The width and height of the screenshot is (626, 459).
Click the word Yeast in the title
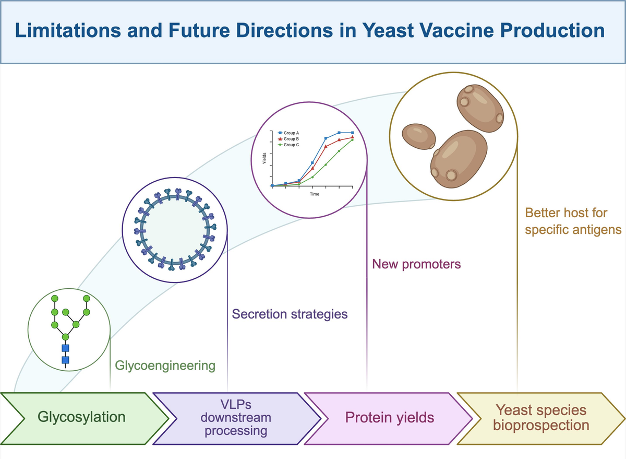click(x=388, y=30)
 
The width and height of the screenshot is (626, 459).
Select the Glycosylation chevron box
click(x=85, y=418)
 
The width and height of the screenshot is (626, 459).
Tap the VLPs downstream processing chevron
click(x=237, y=418)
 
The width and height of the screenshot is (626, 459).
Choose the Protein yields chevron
click(x=389, y=418)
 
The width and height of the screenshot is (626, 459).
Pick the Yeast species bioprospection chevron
click(x=541, y=418)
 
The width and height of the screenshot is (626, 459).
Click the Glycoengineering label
click(x=165, y=366)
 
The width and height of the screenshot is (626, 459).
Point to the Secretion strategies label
click(x=290, y=314)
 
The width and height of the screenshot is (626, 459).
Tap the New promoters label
click(x=416, y=264)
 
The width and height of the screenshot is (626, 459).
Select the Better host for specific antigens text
click(x=573, y=221)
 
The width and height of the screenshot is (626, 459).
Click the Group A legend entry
click(x=288, y=133)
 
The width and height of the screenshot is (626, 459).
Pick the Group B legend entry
click(x=288, y=139)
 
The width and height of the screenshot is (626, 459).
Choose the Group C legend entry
click(x=288, y=145)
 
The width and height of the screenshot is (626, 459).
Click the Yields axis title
click(x=264, y=158)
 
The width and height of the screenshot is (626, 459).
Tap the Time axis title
click(x=315, y=194)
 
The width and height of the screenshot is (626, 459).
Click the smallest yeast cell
click(x=418, y=136)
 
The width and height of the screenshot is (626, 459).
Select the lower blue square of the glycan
click(x=65, y=360)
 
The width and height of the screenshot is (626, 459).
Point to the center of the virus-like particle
click(x=175, y=230)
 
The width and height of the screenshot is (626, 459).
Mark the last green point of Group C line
click(x=352, y=140)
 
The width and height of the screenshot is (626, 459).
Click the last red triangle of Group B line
click(x=353, y=137)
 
